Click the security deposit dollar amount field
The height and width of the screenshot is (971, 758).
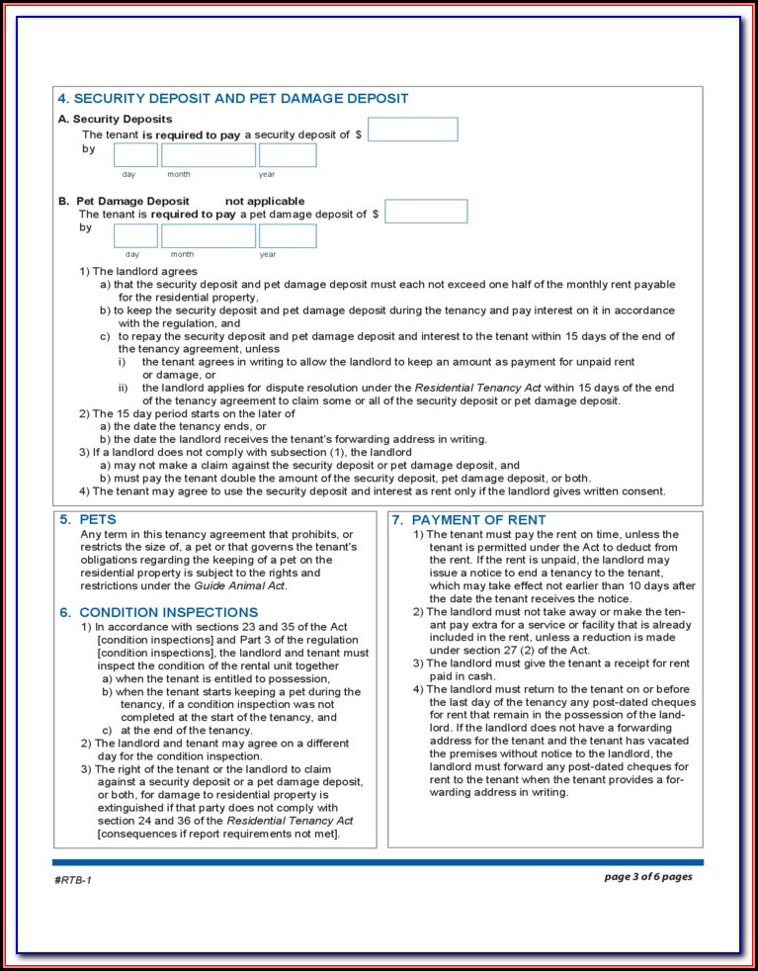(412, 130)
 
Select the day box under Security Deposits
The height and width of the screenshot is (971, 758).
(135, 155)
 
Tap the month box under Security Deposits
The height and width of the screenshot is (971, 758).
(208, 155)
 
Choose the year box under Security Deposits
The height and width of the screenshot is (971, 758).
(288, 155)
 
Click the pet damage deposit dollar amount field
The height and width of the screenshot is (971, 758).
(426, 212)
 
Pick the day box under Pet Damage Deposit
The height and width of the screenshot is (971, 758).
(135, 236)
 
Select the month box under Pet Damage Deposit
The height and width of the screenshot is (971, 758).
(208, 236)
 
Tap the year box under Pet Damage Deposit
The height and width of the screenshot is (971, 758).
(288, 236)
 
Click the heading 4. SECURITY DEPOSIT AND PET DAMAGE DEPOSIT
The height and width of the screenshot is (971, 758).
(232, 99)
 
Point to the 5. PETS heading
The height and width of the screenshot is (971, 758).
(88, 520)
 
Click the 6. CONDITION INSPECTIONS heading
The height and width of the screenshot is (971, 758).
(159, 613)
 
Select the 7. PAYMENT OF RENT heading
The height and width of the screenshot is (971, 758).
(468, 520)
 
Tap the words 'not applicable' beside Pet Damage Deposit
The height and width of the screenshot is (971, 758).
(265, 202)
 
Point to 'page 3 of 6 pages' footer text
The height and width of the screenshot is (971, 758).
(648, 877)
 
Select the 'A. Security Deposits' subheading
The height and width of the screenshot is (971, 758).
(115, 120)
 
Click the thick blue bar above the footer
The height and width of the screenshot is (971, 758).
(379, 862)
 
